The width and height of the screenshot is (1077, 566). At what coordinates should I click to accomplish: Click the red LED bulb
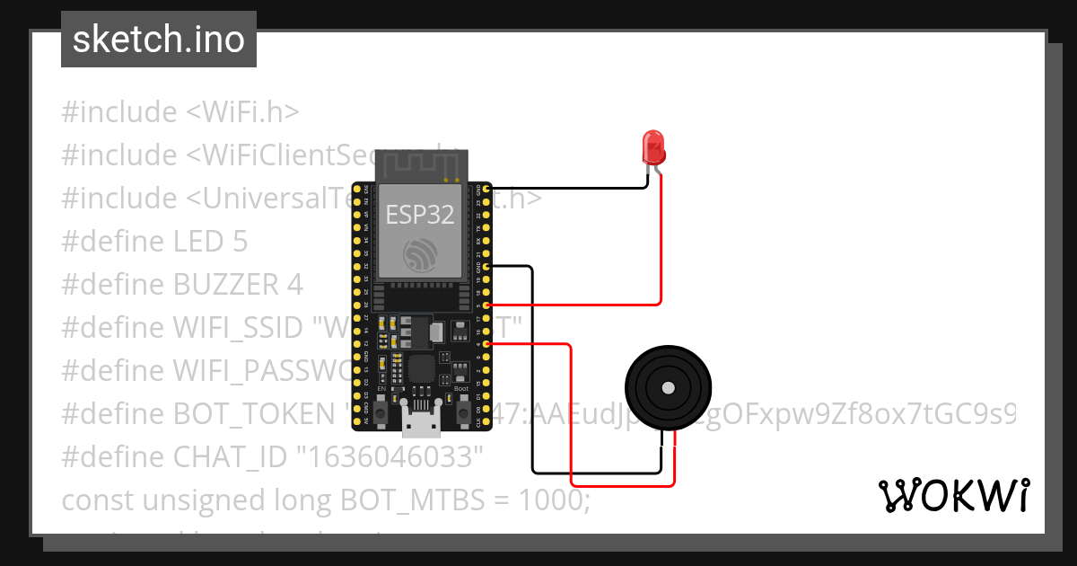click(652, 146)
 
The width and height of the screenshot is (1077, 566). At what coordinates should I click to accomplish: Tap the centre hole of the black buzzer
click(668, 387)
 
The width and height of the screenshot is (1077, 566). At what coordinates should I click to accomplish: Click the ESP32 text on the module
click(419, 215)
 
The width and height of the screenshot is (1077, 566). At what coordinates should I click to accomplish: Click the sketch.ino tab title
click(159, 40)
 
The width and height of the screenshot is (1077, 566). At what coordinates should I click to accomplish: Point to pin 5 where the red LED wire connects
click(486, 305)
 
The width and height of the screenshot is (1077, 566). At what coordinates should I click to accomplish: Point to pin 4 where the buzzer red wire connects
click(486, 343)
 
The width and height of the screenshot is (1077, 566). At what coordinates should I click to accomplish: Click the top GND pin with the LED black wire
click(486, 190)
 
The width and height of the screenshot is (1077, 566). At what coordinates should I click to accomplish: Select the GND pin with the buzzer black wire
click(486, 267)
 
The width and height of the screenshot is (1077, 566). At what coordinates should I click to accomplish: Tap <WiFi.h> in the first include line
click(242, 112)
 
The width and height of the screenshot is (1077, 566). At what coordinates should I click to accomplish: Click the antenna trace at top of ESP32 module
click(420, 164)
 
